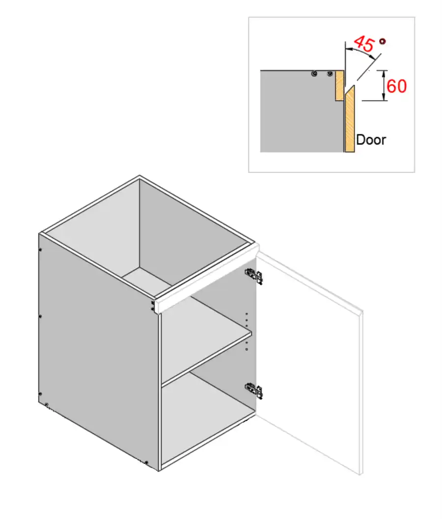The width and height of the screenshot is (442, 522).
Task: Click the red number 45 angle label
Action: click(x=364, y=44)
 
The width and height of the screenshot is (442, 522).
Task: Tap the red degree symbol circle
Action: click(x=383, y=41)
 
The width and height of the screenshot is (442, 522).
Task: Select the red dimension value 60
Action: click(x=396, y=86)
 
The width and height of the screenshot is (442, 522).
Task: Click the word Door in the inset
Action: click(x=371, y=140)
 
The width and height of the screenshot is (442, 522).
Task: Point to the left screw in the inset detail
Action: click(x=314, y=74)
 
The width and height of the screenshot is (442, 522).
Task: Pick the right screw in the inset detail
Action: click(x=330, y=74)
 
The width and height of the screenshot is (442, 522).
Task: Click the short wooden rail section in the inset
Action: click(x=339, y=85)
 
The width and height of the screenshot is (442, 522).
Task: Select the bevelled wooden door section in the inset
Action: click(x=350, y=119)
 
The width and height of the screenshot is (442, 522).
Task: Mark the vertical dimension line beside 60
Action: click(x=384, y=85)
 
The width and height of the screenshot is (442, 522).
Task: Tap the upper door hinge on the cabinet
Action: click(x=254, y=276)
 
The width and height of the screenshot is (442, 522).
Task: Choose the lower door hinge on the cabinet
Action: click(x=254, y=390)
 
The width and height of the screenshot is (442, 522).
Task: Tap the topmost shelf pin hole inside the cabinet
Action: click(x=247, y=314)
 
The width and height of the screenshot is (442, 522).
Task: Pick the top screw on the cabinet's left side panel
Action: click(x=40, y=249)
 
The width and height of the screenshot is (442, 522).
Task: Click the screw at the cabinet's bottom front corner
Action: click(x=146, y=462)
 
